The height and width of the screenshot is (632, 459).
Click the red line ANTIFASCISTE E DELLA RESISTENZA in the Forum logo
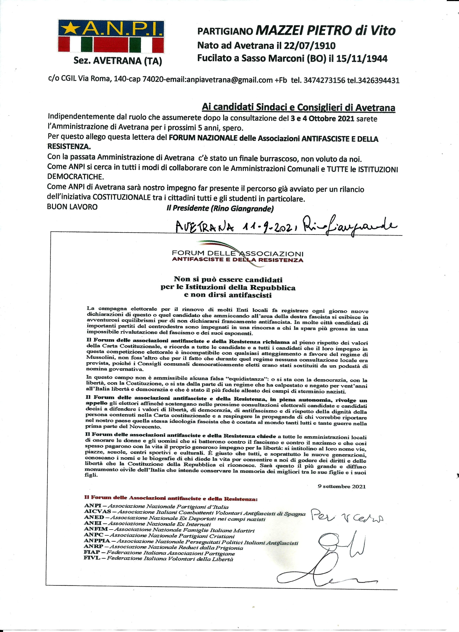(237, 260)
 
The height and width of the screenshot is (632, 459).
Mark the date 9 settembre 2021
(341, 487)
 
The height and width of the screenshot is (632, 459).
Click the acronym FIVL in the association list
(92, 558)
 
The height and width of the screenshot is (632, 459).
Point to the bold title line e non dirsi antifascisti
(228, 295)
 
